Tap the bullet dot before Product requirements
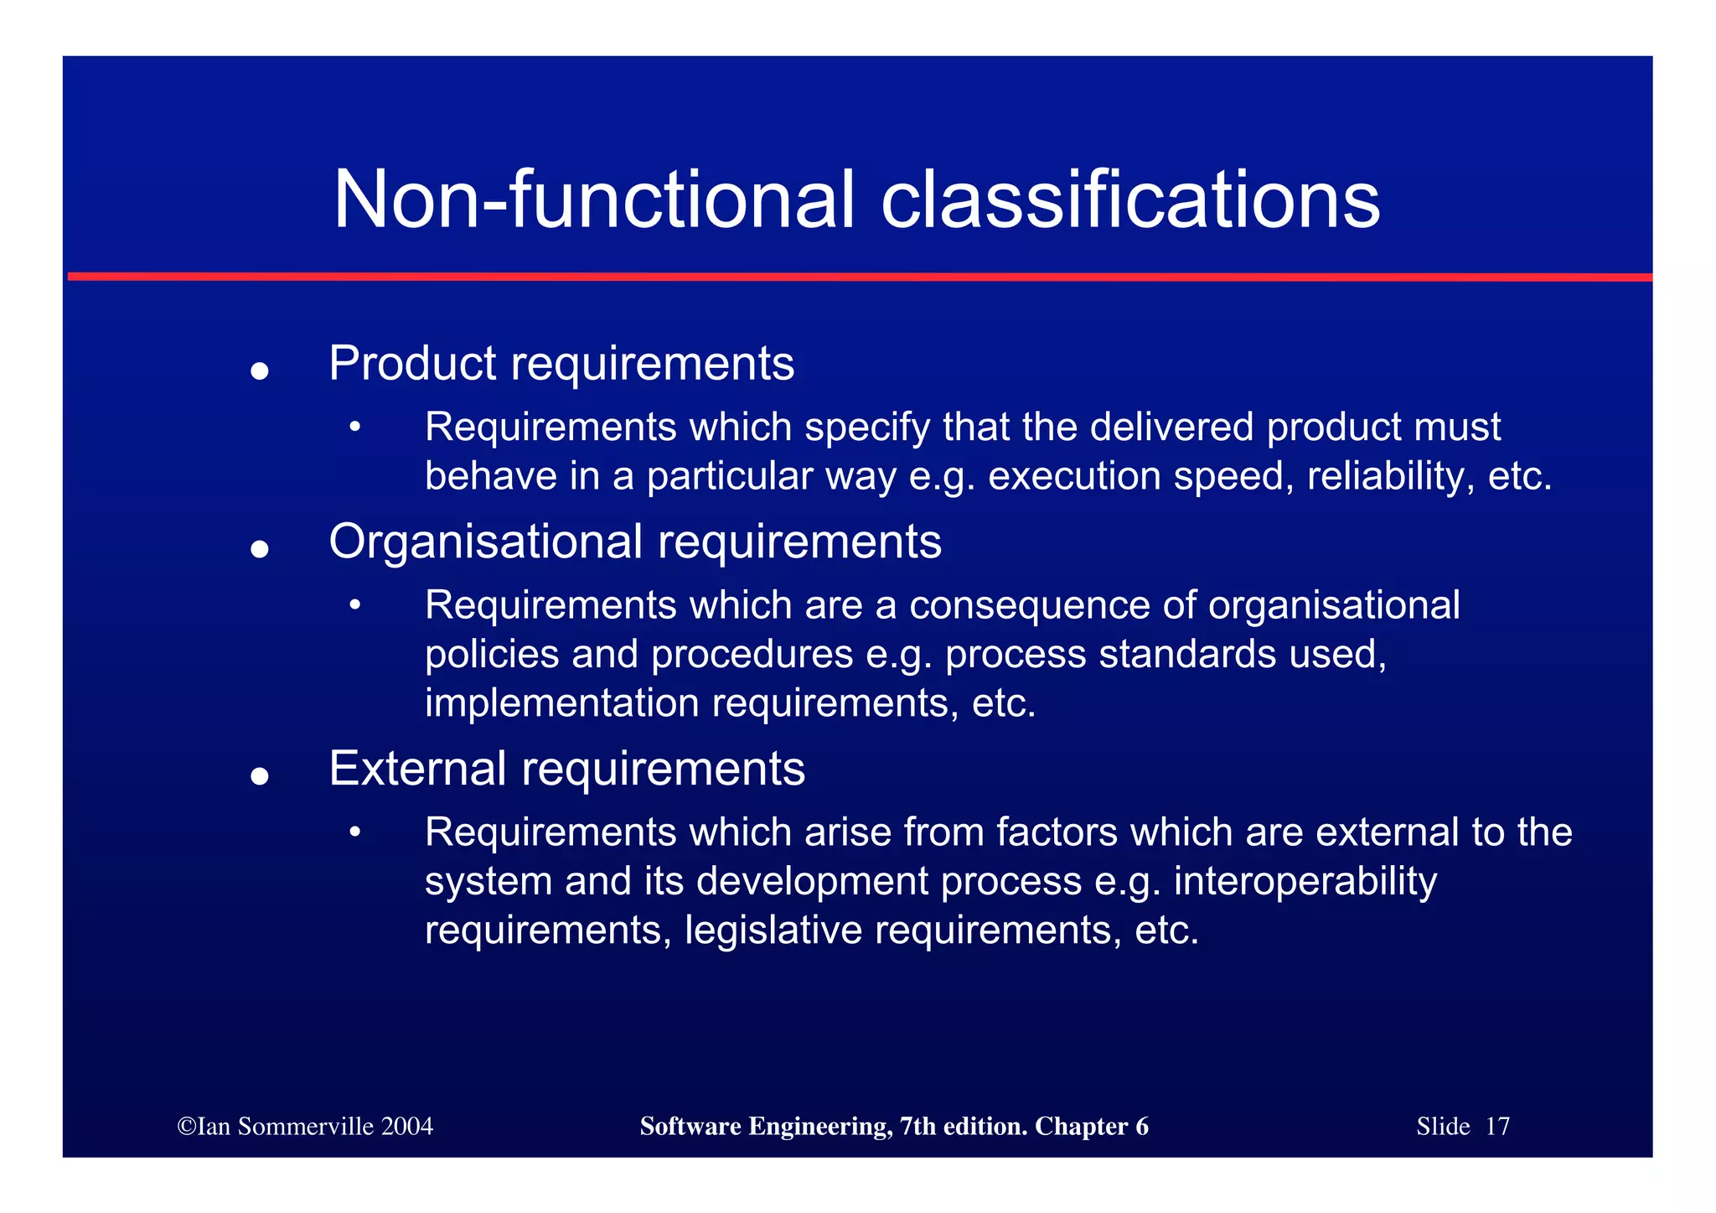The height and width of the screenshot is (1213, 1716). click(260, 371)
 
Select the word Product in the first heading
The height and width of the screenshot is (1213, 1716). click(412, 364)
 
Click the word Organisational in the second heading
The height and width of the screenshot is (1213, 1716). click(485, 542)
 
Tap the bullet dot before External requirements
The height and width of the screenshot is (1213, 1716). click(260, 776)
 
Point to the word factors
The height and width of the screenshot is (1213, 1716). click(1057, 832)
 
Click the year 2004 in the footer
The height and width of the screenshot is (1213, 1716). click(406, 1127)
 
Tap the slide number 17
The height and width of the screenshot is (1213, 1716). click(1497, 1127)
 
